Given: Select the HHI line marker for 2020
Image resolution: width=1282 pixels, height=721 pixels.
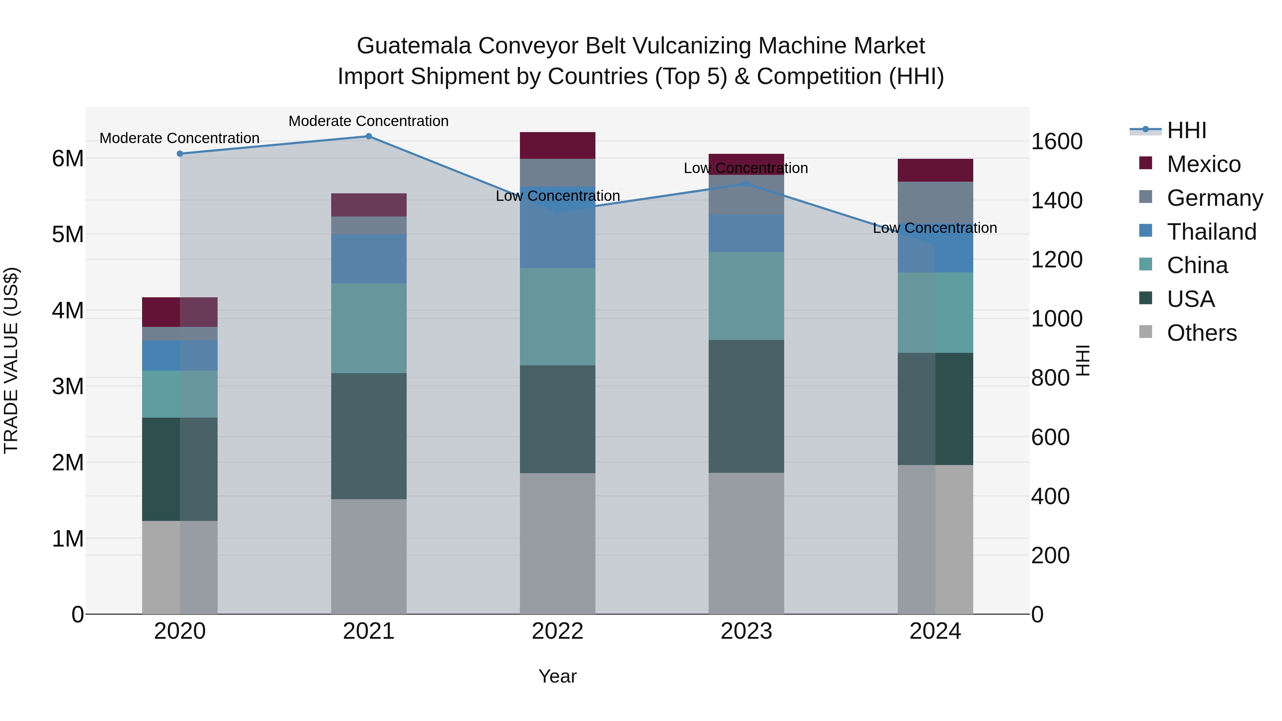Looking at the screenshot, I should tap(180, 154).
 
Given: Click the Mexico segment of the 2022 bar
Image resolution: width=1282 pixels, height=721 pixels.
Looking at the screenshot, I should tap(557, 145).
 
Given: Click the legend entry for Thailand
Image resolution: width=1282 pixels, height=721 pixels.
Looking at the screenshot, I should tap(1211, 232).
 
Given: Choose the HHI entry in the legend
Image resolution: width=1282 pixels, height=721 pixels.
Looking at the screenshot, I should tap(1187, 130).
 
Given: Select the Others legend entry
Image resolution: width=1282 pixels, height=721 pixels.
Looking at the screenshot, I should tap(1202, 333).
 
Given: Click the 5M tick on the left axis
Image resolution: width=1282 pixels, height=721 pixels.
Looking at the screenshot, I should tap(68, 234).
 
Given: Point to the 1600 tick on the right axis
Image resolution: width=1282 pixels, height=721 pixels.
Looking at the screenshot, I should tap(1056, 141).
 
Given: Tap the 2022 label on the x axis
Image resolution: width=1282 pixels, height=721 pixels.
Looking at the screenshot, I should tap(557, 631).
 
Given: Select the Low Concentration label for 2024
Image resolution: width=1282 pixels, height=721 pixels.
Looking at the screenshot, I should tap(935, 228).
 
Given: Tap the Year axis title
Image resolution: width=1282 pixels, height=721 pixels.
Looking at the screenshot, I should tap(557, 676).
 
